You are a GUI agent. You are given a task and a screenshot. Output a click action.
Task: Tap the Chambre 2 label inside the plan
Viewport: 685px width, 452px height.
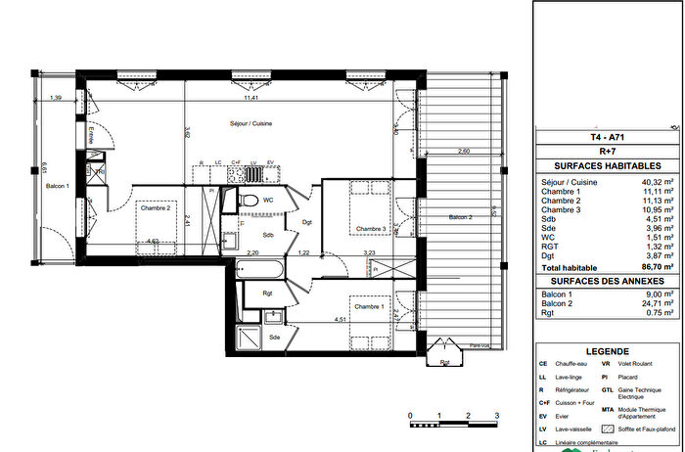155,207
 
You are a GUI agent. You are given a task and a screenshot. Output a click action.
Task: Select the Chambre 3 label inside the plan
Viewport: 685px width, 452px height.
370,230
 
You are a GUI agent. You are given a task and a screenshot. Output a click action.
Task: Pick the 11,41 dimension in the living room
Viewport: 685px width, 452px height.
251,98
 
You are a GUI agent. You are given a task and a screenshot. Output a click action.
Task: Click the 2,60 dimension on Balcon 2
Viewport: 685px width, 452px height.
463,151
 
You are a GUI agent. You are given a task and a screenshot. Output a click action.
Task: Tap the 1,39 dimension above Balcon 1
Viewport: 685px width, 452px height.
57,98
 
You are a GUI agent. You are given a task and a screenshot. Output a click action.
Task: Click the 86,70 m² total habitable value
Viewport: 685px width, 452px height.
657,265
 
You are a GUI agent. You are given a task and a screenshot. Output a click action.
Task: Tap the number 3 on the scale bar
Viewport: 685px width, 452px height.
497,416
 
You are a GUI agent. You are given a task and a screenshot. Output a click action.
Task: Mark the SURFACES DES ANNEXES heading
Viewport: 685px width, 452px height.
609,281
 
